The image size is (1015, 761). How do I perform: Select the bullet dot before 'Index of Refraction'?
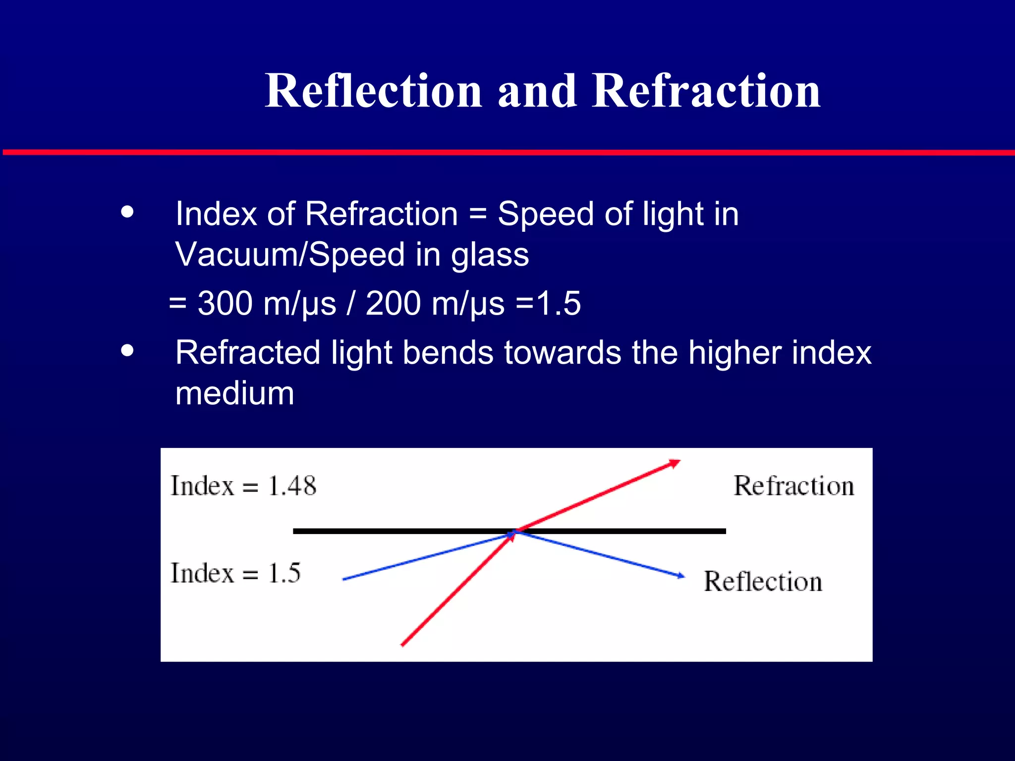(127, 212)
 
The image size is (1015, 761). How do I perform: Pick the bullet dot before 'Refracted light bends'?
(127, 351)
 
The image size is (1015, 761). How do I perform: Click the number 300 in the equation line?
(225, 303)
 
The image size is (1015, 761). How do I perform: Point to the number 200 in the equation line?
(393, 303)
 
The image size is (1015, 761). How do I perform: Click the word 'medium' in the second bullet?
(234, 393)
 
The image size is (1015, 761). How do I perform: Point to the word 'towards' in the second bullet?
(562, 353)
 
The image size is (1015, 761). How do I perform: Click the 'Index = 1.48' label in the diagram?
(243, 486)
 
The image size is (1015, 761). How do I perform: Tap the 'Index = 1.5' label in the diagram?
(235, 573)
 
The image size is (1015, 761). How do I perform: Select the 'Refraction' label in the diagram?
(794, 486)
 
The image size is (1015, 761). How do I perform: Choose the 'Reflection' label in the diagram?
(763, 582)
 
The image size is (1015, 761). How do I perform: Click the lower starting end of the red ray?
(402, 645)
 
